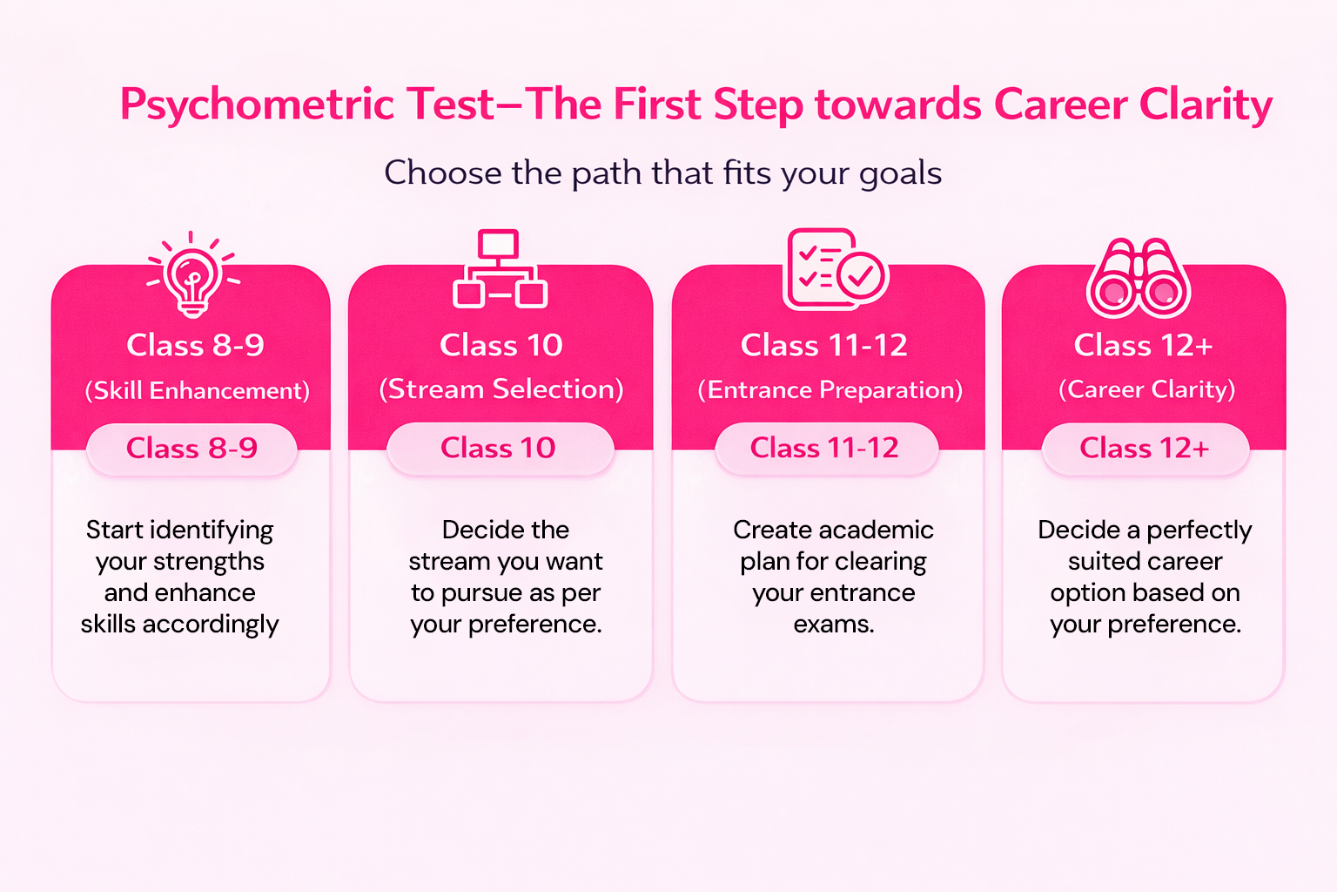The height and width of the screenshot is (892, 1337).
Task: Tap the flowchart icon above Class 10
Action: click(500, 269)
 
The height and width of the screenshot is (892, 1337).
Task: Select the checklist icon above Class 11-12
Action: click(836, 269)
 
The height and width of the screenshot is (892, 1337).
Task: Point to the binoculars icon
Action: click(1139, 279)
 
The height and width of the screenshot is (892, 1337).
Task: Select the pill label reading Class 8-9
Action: click(191, 449)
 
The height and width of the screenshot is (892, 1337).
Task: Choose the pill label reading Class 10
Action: click(501, 448)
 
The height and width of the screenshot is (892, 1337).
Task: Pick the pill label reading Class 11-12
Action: click(826, 448)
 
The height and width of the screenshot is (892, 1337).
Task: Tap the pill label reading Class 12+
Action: click(1145, 448)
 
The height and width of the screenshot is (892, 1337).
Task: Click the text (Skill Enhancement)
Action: click(197, 391)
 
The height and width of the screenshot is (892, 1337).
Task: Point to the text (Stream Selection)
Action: click(501, 389)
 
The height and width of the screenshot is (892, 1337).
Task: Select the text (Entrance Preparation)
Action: click(830, 390)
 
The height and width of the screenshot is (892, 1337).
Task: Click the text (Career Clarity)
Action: click(1146, 389)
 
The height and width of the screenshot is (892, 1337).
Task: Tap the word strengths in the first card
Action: click(209, 562)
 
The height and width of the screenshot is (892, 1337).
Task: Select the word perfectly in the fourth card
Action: click(1199, 530)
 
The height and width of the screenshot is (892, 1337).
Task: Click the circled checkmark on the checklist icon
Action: click(860, 275)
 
